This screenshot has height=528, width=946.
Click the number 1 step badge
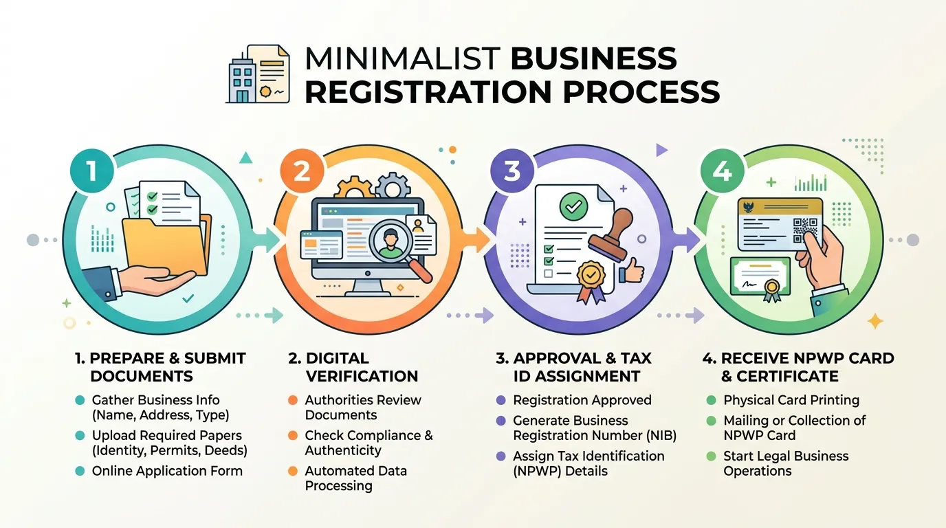91,171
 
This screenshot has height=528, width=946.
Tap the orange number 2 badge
302,171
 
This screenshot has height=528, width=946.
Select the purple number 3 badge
512,171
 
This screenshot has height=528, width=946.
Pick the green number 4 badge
722,171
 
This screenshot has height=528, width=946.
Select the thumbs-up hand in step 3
631,270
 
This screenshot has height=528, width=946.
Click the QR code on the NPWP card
804,230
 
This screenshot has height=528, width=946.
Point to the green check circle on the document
573,206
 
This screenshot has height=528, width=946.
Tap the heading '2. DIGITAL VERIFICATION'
353,367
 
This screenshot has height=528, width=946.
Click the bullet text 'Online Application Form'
167,471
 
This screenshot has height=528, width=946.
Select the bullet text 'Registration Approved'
582,400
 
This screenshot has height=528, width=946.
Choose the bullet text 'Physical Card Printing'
791,400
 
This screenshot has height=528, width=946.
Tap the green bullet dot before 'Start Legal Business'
711,456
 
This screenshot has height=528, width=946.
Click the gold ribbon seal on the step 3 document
591,282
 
